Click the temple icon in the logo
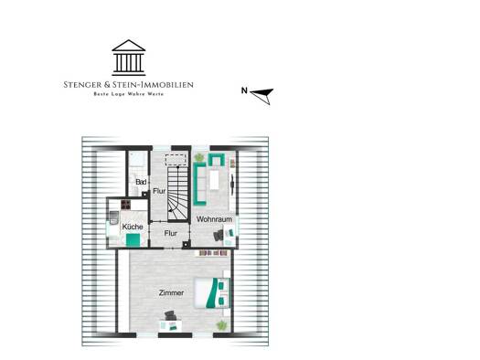pyautogui.click(x=129, y=58)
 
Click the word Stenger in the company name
pyautogui.click(x=80, y=85)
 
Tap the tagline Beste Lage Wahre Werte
pyautogui.click(x=129, y=94)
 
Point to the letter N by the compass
pyautogui.click(x=244, y=90)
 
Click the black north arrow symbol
pyautogui.click(x=262, y=95)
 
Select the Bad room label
pyautogui.click(x=141, y=182)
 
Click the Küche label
pyautogui.click(x=133, y=227)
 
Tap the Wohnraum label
pyautogui.click(x=214, y=219)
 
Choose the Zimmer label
pyautogui.click(x=172, y=292)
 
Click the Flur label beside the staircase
pyautogui.click(x=159, y=191)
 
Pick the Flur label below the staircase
pyautogui.click(x=170, y=233)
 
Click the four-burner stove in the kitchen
pyautogui.click(x=126, y=205)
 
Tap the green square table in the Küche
pyautogui.click(x=133, y=239)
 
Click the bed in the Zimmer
pyautogui.click(x=212, y=293)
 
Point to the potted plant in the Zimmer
pyautogui.click(x=221, y=325)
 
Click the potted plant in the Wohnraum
pyautogui.click(x=199, y=157)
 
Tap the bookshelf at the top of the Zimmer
pyautogui.click(x=213, y=253)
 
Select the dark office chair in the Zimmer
pyautogui.click(x=170, y=315)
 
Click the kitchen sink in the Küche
pyautogui.click(x=113, y=217)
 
